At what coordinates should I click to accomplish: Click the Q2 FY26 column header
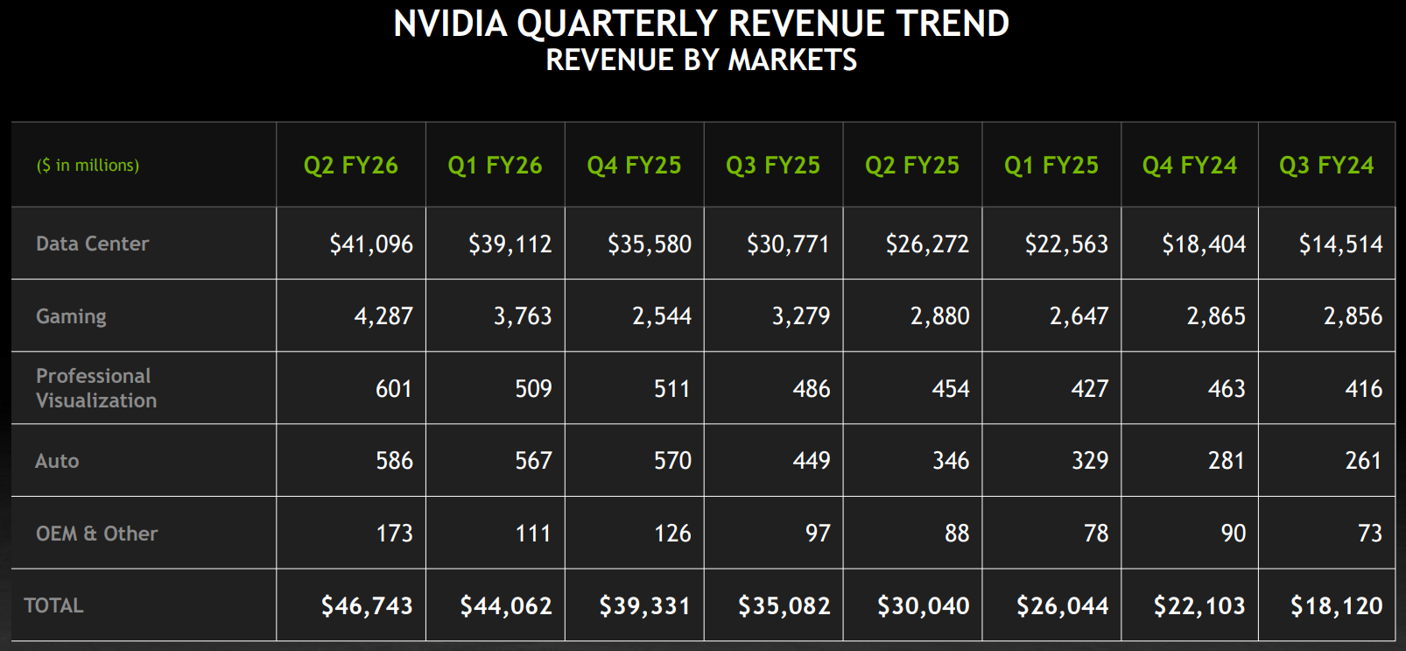[350, 166]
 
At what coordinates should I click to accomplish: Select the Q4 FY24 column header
[1189, 166]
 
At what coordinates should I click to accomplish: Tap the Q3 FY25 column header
[772, 166]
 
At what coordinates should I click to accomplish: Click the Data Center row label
[92, 244]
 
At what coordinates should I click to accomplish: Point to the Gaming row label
[71, 316]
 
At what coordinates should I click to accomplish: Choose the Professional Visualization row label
[96, 388]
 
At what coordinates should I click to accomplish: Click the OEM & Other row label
[96, 534]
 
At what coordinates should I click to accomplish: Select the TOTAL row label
[53, 605]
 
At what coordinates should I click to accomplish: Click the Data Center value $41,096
[370, 244]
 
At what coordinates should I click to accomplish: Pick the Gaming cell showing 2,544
[661, 316]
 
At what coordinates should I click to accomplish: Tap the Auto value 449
[811, 461]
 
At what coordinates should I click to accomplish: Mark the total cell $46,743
[366, 605]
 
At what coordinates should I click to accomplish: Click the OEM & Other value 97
[817, 534]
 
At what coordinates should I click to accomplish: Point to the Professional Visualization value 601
[393, 389]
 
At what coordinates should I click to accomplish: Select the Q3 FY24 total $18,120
[1336, 605]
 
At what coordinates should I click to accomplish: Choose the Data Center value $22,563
[1065, 244]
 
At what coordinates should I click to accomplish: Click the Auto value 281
[1226, 461]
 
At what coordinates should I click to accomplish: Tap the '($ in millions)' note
[88, 166]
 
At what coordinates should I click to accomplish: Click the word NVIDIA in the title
[450, 24]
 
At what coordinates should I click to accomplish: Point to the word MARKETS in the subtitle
[792, 60]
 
